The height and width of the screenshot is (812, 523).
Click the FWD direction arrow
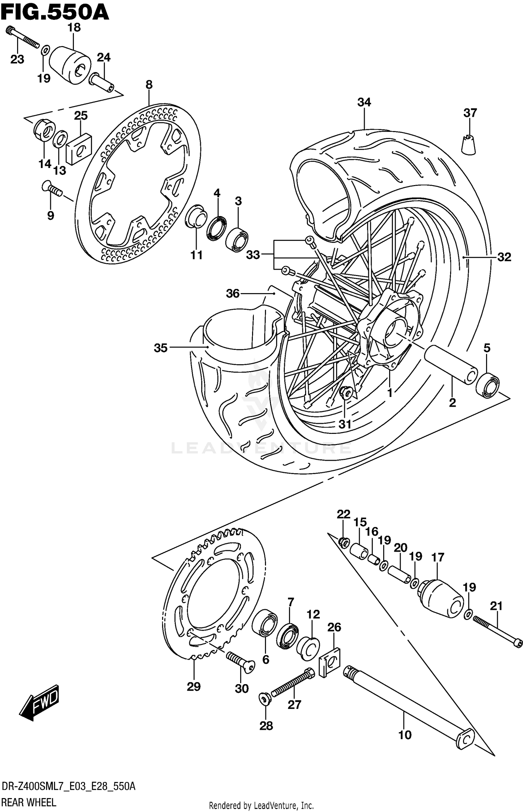coord(39,702)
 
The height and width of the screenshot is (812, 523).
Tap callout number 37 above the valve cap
coord(470,113)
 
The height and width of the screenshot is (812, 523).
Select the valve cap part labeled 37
coord(469,144)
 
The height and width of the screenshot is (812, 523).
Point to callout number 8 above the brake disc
coord(149,85)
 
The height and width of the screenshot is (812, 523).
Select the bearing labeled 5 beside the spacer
coord(487,385)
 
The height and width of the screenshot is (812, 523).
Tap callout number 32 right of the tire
coord(504,257)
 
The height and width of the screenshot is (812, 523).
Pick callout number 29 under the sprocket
coord(194,687)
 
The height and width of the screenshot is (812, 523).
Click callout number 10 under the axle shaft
coord(404,735)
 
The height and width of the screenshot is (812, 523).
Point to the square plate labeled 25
coord(79,149)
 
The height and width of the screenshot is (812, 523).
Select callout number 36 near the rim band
coord(233,293)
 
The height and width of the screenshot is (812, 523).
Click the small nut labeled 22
coord(343,543)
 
